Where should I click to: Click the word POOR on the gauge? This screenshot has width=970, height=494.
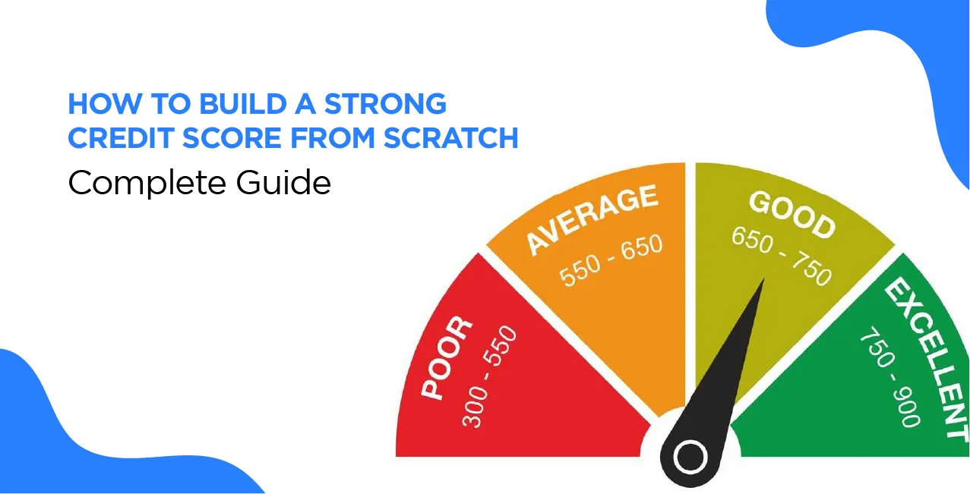tap(447, 359)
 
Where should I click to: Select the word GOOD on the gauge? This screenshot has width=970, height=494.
tap(791, 215)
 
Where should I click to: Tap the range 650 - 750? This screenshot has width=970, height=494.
tap(781, 256)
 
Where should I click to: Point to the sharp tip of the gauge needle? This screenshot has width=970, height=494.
tap(763, 282)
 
